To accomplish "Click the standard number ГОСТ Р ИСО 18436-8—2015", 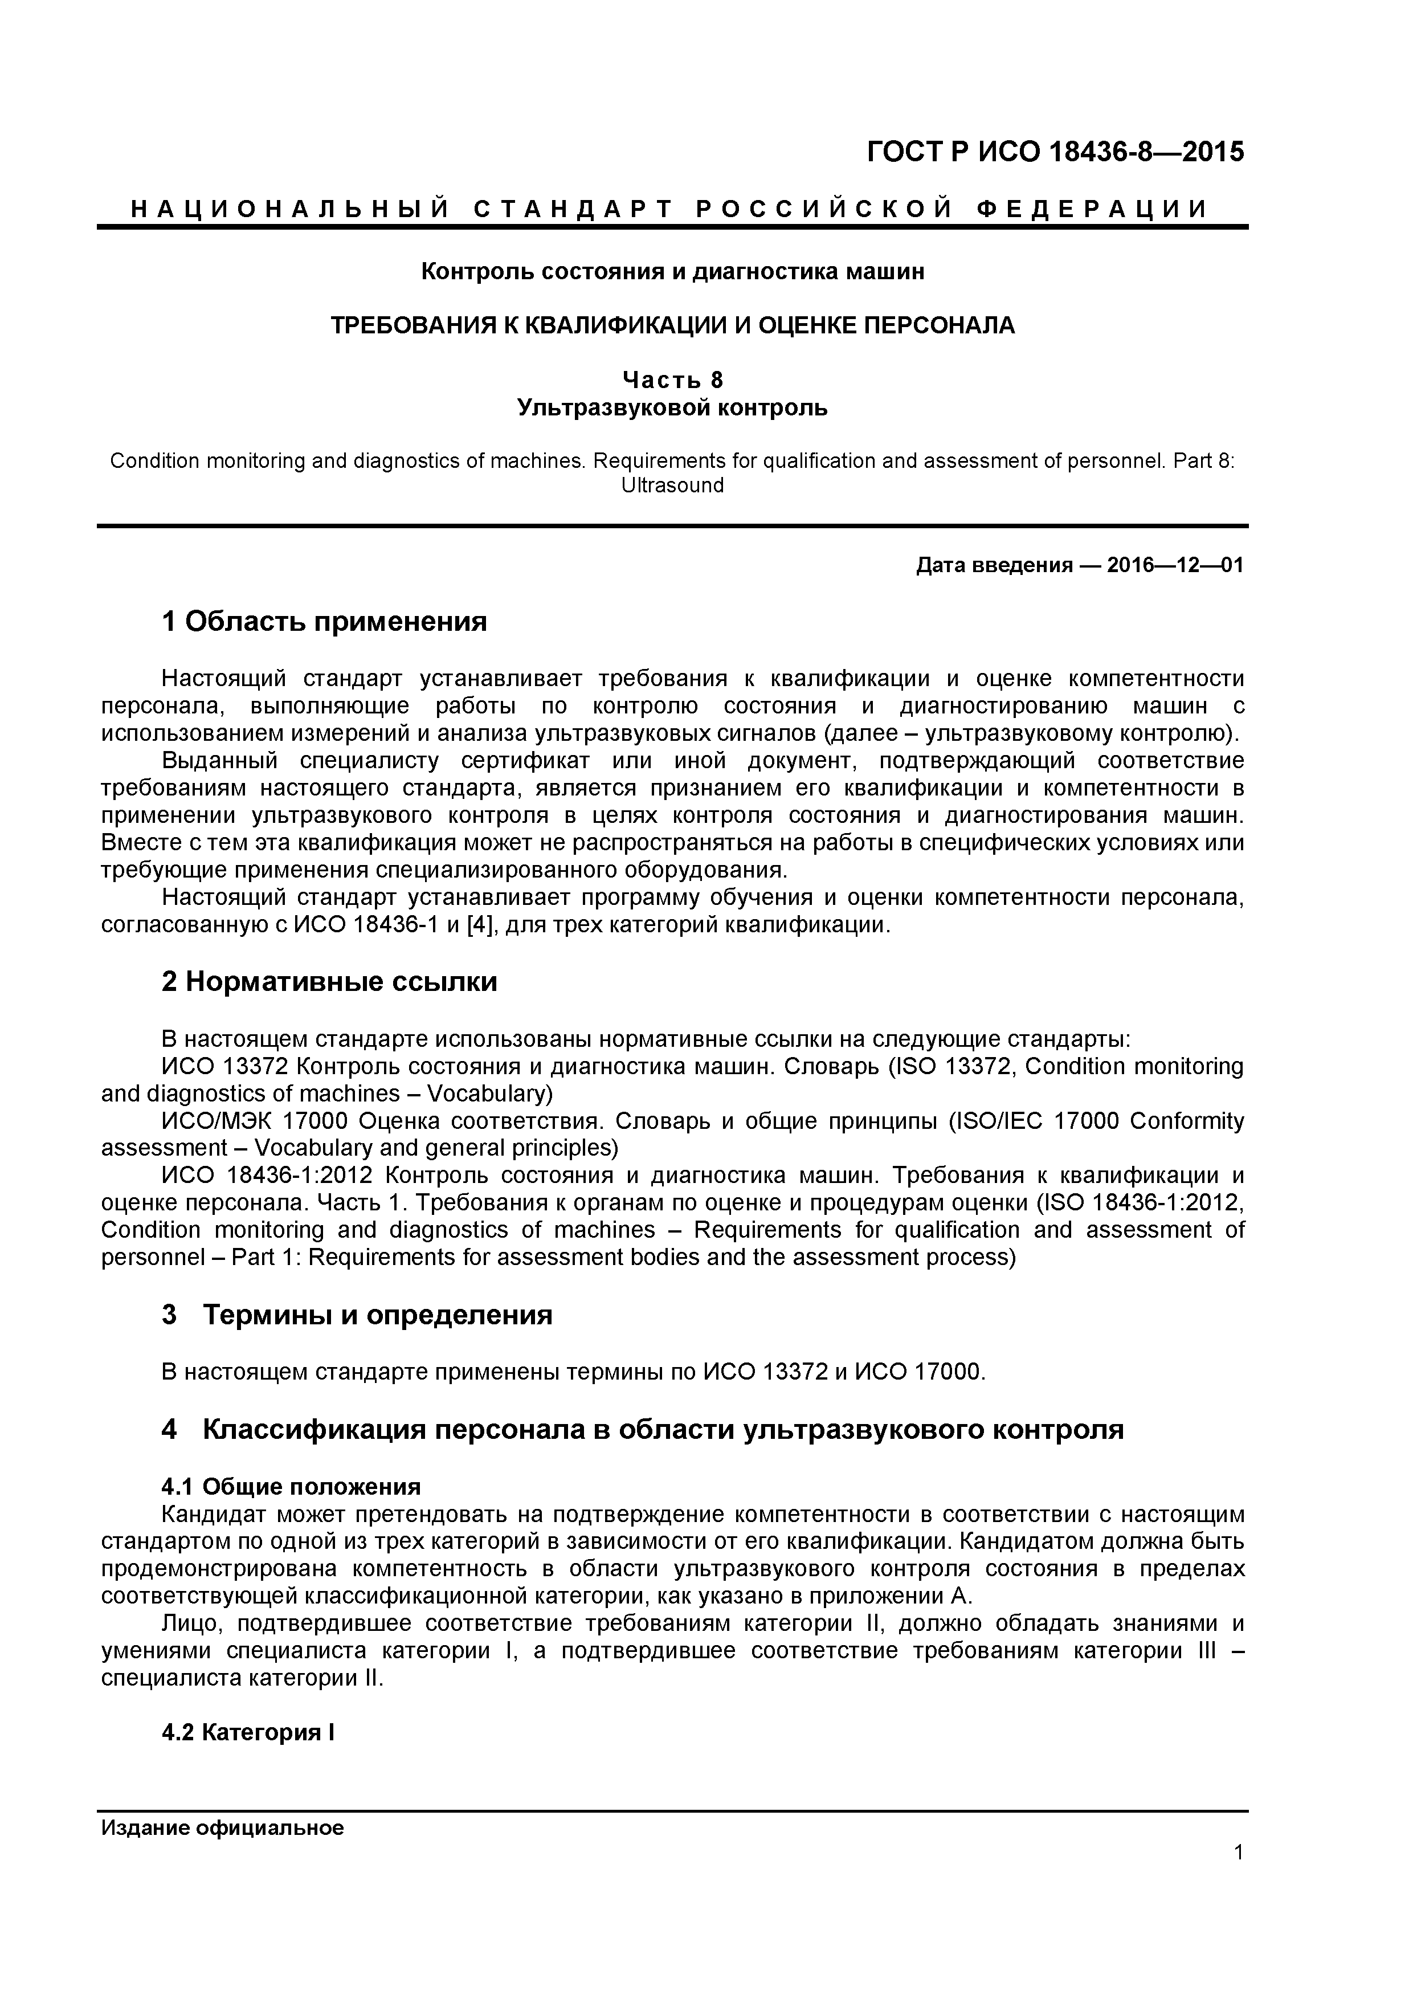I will (1055, 152).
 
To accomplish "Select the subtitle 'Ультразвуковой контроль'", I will (672, 407).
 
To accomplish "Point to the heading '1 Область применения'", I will (324, 622).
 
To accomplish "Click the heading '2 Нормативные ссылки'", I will (329, 981).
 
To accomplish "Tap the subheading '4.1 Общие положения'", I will (291, 1486).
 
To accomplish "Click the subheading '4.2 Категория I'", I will (248, 1732).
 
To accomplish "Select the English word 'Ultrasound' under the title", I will (672, 485).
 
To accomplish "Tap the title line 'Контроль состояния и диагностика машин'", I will (672, 272).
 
